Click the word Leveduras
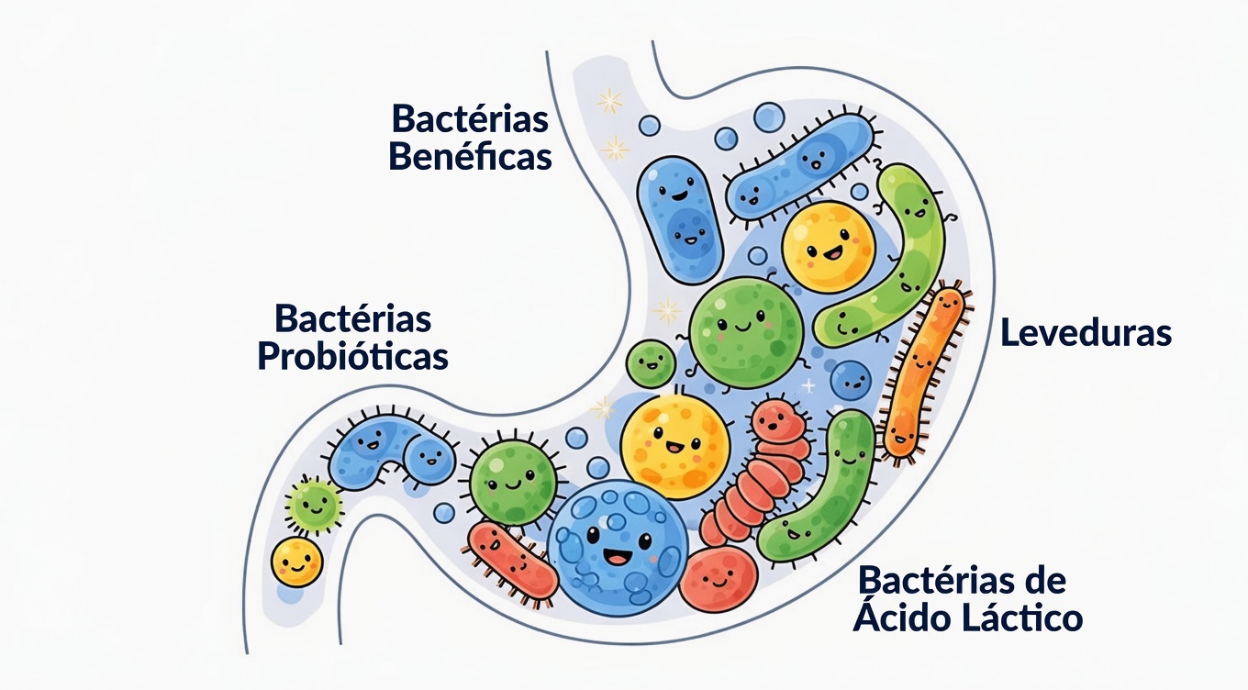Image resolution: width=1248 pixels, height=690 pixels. pos(1086,332)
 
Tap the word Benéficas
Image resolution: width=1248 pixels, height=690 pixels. pos(470,156)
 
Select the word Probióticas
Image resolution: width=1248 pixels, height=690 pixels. pos(352,356)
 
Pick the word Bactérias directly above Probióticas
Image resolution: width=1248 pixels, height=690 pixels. pos(352,319)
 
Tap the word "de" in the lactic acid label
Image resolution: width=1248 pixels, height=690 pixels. pos(1044,581)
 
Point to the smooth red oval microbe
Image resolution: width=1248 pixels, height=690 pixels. pos(719,581)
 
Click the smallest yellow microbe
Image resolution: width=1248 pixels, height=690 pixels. pos(297,562)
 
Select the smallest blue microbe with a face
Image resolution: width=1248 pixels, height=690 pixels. pos(851,378)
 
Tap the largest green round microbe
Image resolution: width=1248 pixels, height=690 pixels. pos(745,326)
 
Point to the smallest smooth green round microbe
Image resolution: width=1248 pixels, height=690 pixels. pos(651,362)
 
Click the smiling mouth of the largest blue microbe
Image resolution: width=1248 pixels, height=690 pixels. pos(614,557)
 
